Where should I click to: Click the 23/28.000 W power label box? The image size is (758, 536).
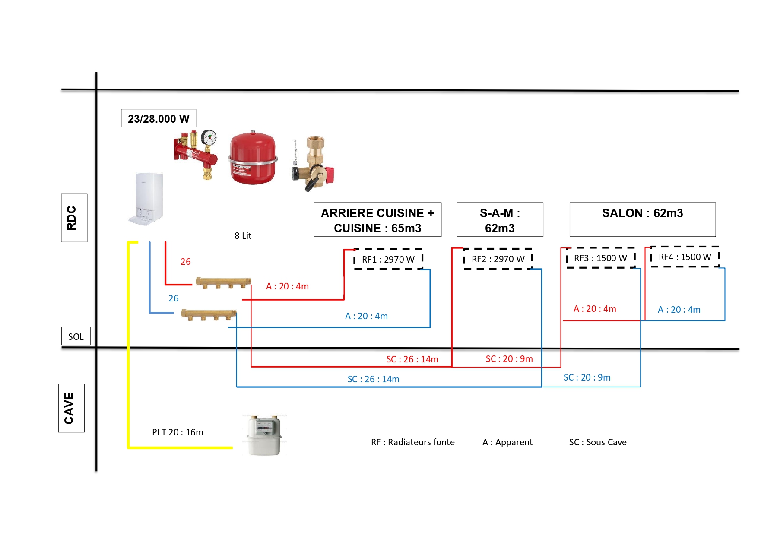pos(159,118)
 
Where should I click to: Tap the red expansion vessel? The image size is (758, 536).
pos(253,159)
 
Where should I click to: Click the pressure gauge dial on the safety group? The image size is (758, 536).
pos(209,138)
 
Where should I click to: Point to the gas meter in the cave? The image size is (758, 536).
pos(264,435)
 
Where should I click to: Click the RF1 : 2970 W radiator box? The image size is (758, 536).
pos(388,259)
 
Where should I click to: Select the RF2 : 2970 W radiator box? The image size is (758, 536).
pos(498,259)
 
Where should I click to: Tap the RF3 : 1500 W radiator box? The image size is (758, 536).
pos(600,258)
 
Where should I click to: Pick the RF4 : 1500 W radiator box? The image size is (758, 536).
pos(685,257)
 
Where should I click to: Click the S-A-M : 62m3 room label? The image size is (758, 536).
pos(500,220)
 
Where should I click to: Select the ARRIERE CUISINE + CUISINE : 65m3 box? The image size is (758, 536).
pos(377,220)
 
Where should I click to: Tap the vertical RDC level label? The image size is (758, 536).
pos(74,218)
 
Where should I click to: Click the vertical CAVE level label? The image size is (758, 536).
pos(71,408)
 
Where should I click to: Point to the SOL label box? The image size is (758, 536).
pos(76,336)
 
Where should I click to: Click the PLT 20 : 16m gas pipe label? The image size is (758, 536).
pos(178,432)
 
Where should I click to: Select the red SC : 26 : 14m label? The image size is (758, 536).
pos(412,359)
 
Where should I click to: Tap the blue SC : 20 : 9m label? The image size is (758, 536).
pos(587,377)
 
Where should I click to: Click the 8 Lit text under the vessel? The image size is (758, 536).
pos(243,236)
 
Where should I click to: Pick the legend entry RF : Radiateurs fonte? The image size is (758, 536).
pos(412,442)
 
